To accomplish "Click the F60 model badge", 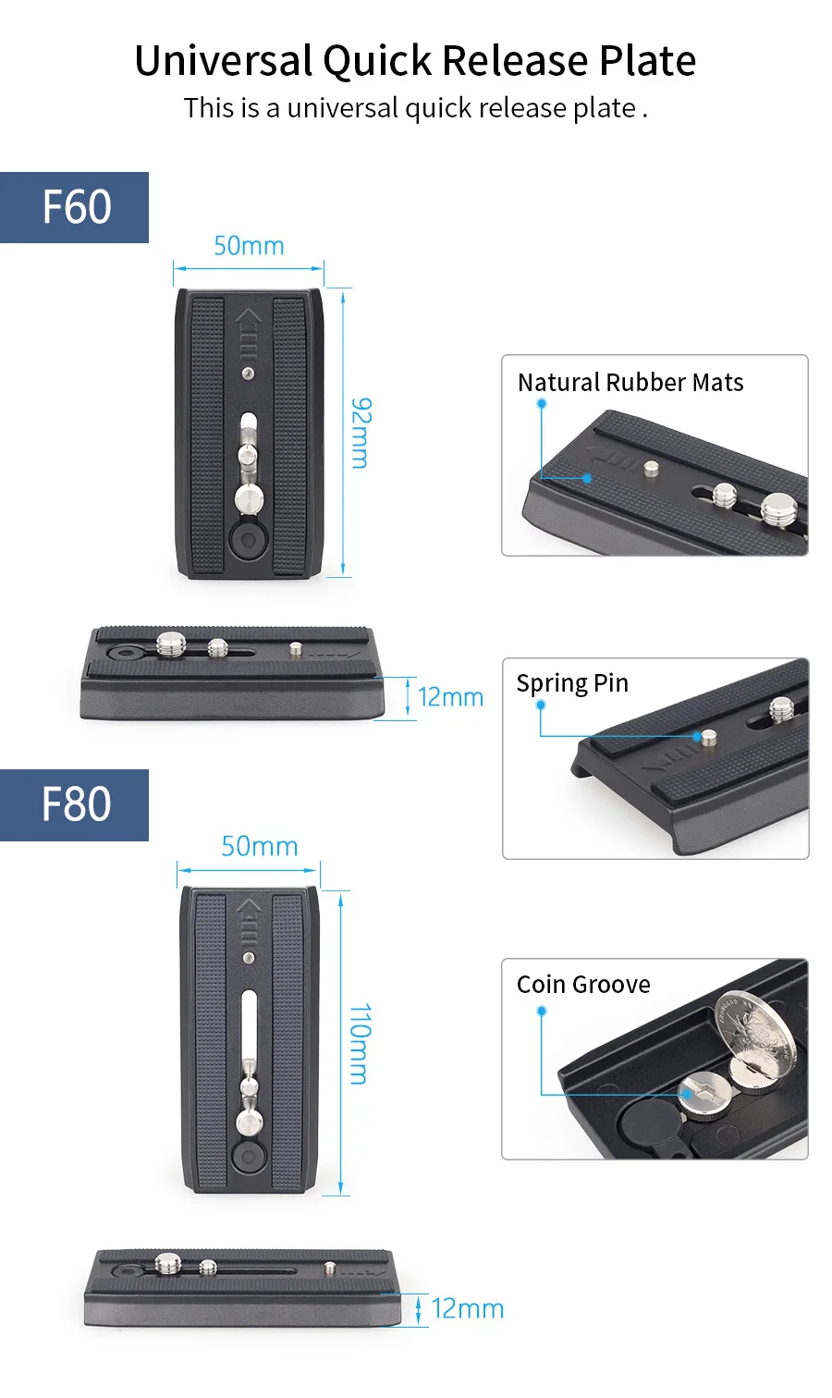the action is (x=74, y=207).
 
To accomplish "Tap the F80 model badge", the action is (x=74, y=805).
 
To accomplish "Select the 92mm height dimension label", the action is (x=361, y=433).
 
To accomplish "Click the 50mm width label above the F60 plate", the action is (x=249, y=246).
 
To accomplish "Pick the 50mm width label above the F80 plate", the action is (x=260, y=847).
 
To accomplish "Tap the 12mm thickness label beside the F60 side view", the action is (x=450, y=697).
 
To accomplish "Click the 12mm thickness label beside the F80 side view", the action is (x=468, y=1308).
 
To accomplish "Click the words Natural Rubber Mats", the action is (x=630, y=383).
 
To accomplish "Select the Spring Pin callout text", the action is (x=572, y=684).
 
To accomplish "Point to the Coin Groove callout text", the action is (x=583, y=985).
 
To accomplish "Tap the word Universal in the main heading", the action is (x=224, y=61).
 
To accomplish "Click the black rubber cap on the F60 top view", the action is (x=248, y=539).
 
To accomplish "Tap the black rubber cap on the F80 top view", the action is (x=249, y=1157).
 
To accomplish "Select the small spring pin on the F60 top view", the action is (x=249, y=374).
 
